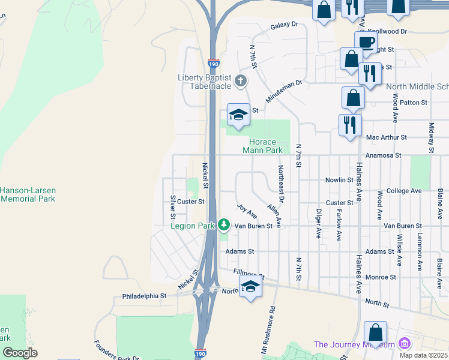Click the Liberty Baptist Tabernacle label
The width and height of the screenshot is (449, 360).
[205, 82]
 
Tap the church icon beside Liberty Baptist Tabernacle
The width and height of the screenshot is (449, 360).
[241, 80]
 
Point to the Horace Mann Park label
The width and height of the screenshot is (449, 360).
[262, 146]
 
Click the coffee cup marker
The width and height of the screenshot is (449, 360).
[366, 42]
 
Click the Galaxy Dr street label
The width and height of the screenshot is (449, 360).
[284, 26]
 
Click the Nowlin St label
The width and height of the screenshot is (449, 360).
[339, 179]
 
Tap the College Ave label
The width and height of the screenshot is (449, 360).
[404, 191]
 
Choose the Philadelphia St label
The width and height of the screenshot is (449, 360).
[144, 296]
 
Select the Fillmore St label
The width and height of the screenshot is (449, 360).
[248, 274]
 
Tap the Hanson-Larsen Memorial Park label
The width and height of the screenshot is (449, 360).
[27, 194]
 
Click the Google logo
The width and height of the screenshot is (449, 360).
[20, 353]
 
